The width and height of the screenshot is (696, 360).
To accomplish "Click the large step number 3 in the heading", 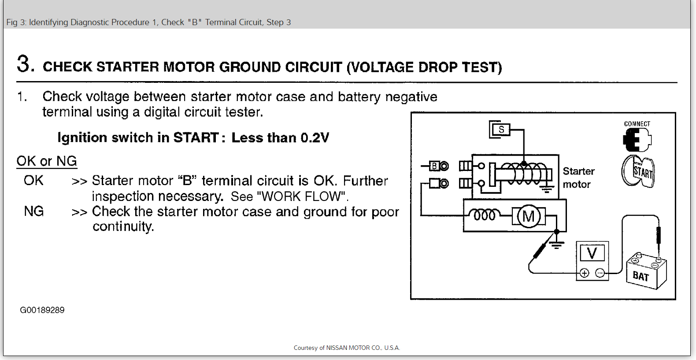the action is click(25, 64).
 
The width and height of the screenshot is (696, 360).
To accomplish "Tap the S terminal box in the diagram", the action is click(501, 130).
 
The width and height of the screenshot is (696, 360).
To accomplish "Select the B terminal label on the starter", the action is click(434, 166).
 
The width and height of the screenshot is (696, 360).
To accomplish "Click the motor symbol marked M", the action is click(529, 216).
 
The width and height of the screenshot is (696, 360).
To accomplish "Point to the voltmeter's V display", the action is click(592, 253).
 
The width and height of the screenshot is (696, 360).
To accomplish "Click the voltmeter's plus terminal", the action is click(585, 273).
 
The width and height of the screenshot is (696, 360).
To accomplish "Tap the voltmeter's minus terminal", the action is click(600, 273).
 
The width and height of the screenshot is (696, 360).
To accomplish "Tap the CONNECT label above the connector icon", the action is click(637, 124).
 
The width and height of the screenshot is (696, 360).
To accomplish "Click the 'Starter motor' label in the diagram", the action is click(578, 178).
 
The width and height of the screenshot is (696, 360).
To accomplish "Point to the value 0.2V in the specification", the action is click(315, 138).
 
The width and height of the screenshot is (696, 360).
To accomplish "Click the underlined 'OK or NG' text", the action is click(47, 161).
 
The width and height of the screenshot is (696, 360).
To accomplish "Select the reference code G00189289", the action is click(42, 310).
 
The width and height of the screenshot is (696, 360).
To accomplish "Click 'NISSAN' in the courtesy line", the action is click(337, 348).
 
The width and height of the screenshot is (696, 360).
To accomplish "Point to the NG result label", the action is click(34, 212).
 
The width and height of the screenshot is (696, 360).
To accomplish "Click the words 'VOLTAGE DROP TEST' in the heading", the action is click(424, 67).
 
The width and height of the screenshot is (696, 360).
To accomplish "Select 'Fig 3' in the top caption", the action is click(16, 22).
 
